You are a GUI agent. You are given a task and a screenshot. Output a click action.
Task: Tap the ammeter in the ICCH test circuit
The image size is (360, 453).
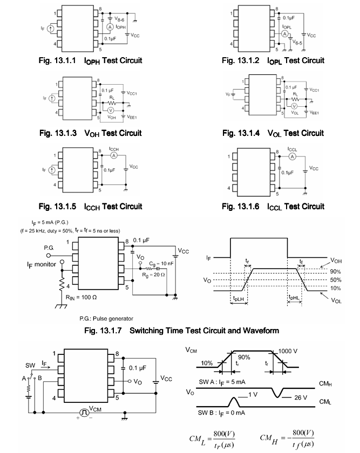pos(114,154)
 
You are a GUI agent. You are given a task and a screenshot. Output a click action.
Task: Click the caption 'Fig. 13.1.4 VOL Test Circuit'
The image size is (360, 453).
pos(275,133)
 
